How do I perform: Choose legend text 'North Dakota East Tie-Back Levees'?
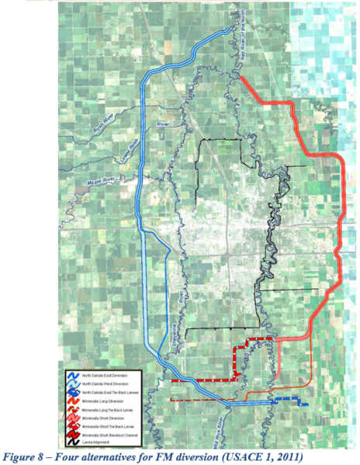[116, 393]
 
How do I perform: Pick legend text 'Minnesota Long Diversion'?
[109, 401]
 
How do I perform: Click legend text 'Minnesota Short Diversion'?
[109, 418]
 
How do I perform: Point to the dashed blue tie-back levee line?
[290, 401]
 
